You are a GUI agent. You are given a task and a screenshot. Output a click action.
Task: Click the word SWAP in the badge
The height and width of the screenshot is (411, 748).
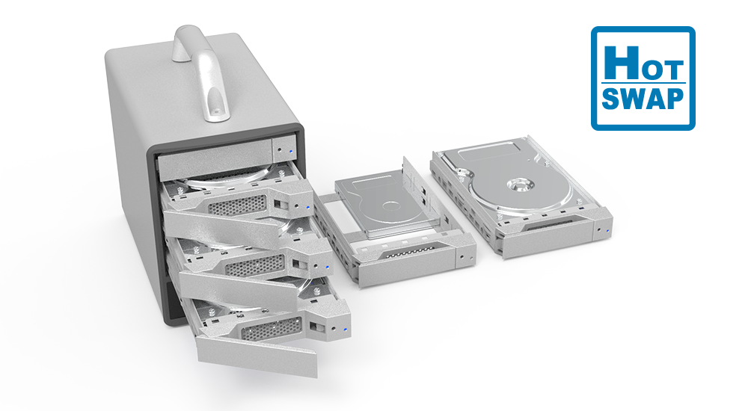(x=643, y=99)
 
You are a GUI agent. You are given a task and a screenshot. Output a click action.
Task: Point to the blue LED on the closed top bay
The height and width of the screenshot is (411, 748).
(x=290, y=152)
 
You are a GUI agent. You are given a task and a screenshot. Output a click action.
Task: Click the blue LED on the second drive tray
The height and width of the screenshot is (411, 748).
(x=309, y=207)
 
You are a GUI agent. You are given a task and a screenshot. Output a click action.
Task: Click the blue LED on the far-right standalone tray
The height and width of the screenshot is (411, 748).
(x=607, y=232)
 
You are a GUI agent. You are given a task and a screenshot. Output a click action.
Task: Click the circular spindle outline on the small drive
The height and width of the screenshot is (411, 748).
(x=390, y=207)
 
